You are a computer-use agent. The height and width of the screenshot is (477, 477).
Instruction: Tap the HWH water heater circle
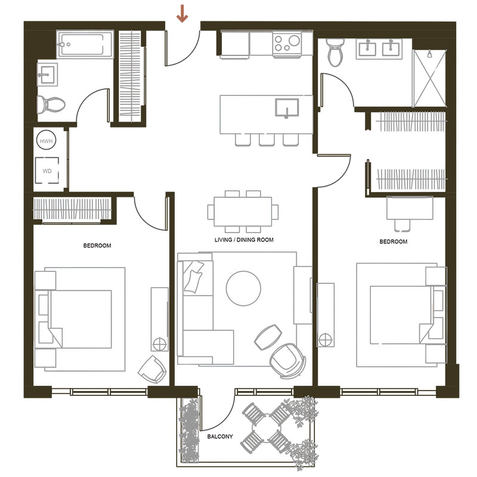pyautogui.click(x=47, y=141)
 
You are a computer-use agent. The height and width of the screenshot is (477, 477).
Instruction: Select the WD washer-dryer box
pyautogui.click(x=47, y=171)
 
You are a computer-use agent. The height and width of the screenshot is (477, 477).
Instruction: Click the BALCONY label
pyautogui.click(x=220, y=436)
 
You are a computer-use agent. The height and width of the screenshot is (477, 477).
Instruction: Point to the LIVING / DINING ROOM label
pyautogui.click(x=244, y=240)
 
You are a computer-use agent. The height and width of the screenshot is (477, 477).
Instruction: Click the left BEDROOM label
pyautogui.click(x=97, y=246)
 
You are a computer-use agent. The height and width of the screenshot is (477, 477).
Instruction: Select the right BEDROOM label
pyautogui.click(x=394, y=241)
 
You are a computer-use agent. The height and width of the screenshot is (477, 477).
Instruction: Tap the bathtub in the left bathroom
pyautogui.click(x=85, y=44)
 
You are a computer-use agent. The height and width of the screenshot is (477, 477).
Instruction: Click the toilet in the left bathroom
pyautogui.click(x=51, y=104)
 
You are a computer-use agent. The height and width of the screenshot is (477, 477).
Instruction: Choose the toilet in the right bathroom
pyautogui.click(x=336, y=52)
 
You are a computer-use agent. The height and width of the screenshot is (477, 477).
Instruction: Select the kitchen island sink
pyautogui.click(x=287, y=108)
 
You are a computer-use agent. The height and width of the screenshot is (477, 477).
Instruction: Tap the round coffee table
pyautogui.click(x=243, y=288)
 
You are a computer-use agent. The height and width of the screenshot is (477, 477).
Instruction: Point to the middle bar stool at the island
pyautogui.click(x=267, y=140)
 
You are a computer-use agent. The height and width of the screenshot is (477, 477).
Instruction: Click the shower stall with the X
pyautogui.click(x=429, y=78)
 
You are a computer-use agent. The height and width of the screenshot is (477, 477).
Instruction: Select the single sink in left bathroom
pyautogui.click(x=47, y=74)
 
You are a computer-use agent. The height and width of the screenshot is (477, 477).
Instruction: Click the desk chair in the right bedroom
pyautogui.click(x=401, y=225)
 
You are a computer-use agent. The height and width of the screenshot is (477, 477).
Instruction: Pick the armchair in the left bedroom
pyautogui.click(x=153, y=369)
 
